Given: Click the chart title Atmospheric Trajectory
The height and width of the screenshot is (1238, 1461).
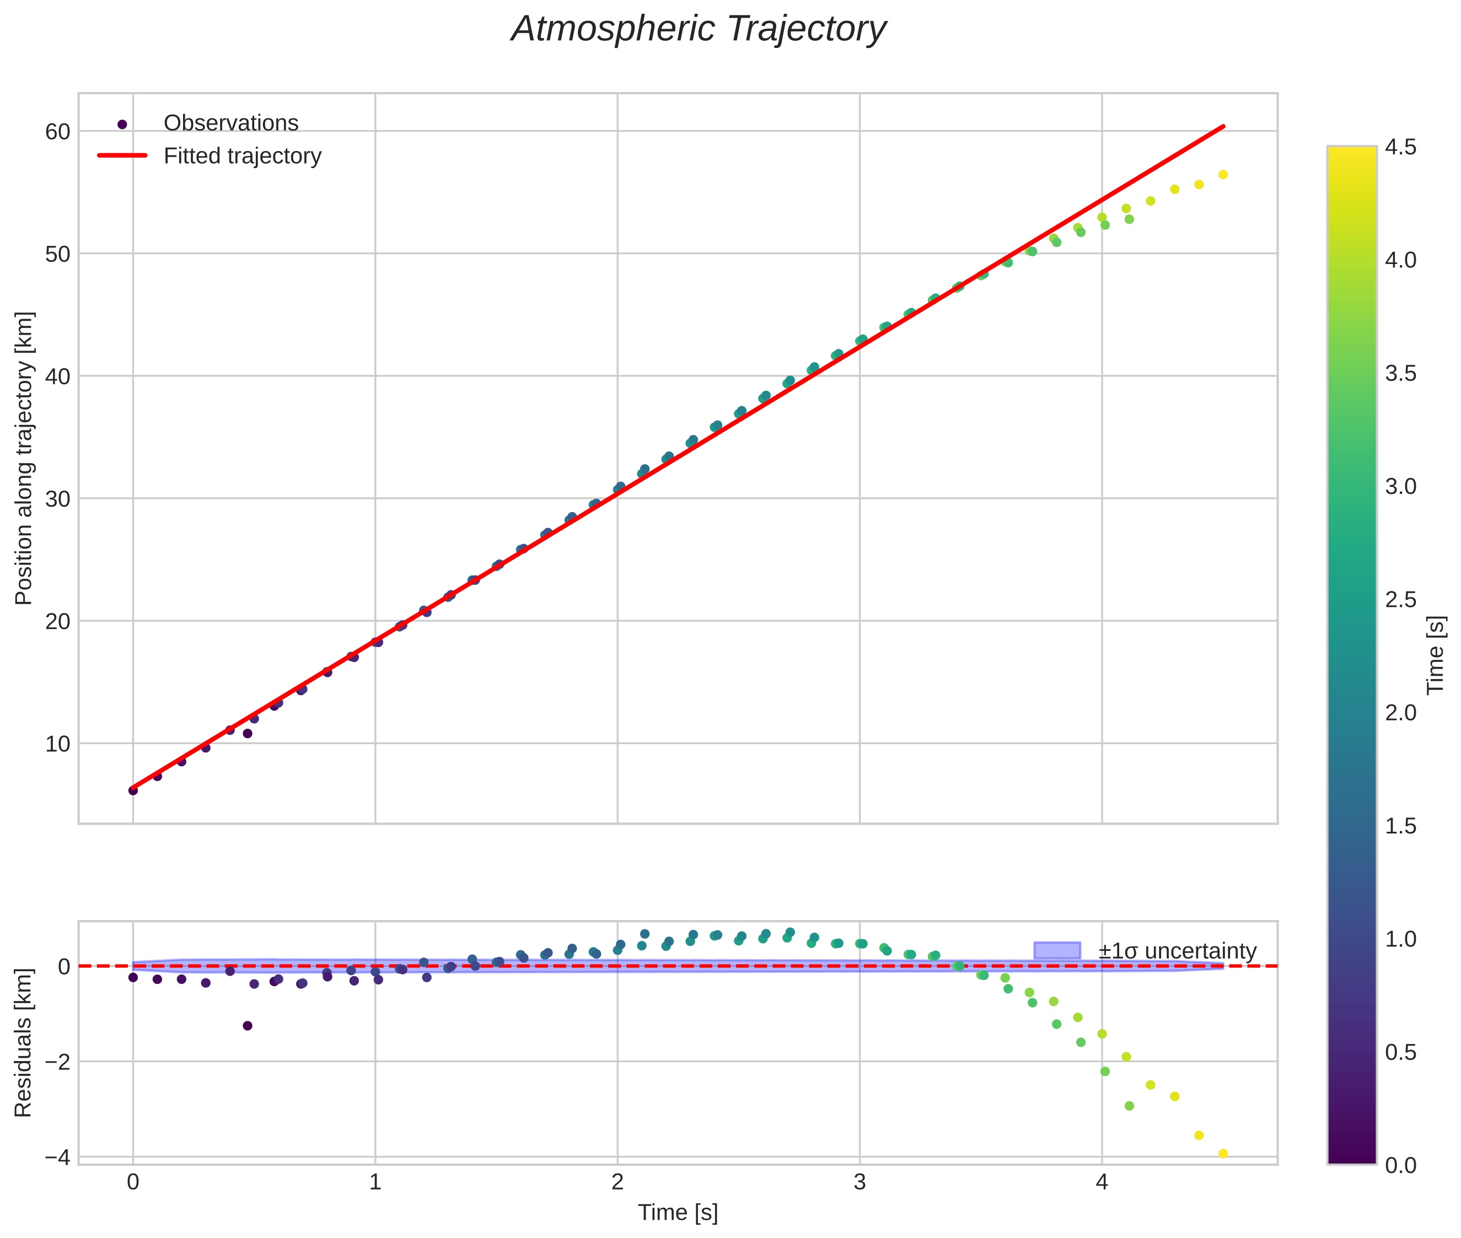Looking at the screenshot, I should coord(699,29).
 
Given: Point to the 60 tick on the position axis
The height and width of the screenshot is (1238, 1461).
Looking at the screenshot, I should coord(57,132).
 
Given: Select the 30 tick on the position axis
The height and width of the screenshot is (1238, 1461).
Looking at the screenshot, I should coord(57,499).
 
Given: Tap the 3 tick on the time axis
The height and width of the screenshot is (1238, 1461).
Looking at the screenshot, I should coord(860,1182).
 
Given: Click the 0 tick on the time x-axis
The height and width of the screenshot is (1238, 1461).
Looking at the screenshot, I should coord(133,1182).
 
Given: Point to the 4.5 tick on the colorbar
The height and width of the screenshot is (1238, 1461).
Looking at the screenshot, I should coord(1400,147).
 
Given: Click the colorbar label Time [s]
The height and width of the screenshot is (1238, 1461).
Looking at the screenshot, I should coord(1436,655).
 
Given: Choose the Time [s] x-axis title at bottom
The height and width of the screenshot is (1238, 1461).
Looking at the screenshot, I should coord(678,1213).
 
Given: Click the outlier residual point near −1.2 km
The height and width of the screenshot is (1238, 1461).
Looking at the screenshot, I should coord(247,1025).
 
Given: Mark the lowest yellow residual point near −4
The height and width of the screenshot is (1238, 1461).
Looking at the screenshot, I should coord(1222,1153).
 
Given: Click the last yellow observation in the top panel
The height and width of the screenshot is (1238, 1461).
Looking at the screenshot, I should coord(1222,175).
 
